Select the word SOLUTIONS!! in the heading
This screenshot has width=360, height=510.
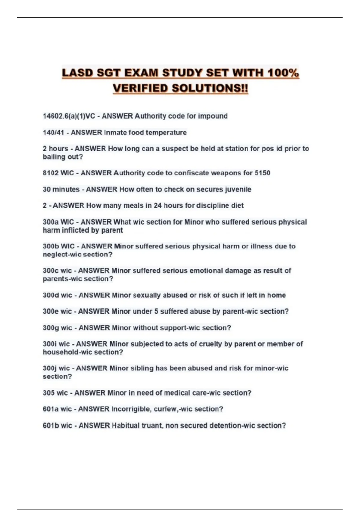pyautogui.click(x=210, y=88)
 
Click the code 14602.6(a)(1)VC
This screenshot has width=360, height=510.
pyautogui.click(x=69, y=116)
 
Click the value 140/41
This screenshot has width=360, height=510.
pyautogui.click(x=53, y=132)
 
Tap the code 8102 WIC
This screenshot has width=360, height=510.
pyautogui.click(x=58, y=173)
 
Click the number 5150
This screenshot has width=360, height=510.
pyautogui.click(x=262, y=173)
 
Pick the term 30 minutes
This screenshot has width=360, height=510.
pyautogui.click(x=61, y=189)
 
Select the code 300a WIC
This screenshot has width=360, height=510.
pyautogui.click(x=58, y=222)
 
